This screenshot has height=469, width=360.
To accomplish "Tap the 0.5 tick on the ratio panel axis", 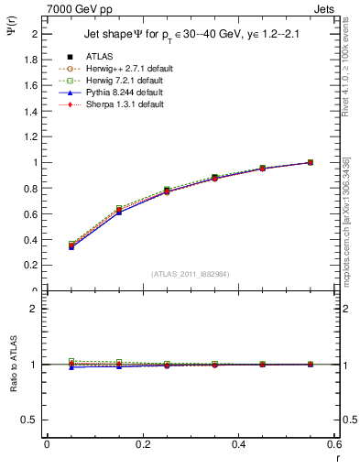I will click(31, 420).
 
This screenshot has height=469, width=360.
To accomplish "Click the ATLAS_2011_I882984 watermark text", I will click(190, 273).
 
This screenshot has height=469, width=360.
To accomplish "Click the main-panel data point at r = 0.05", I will click(71, 245).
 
